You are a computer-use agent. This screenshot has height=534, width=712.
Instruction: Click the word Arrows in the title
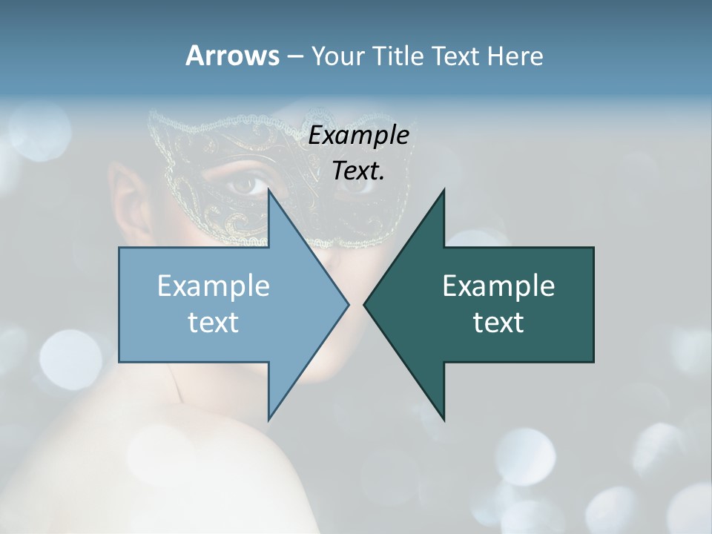(231, 56)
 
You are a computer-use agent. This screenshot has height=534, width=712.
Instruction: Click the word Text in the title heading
(456, 56)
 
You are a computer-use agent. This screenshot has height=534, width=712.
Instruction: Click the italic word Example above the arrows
(359, 136)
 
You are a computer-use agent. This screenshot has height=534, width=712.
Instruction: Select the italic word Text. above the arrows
(359, 171)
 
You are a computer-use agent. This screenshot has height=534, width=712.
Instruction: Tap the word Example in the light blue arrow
(214, 286)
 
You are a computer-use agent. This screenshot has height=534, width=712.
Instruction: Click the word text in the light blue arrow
(214, 322)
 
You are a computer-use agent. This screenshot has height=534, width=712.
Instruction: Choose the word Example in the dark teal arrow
(498, 286)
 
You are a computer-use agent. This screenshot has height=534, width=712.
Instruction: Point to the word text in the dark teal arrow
(498, 322)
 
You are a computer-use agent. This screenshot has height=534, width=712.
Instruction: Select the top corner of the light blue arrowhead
(269, 191)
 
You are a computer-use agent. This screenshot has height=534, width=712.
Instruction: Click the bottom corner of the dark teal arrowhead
(444, 419)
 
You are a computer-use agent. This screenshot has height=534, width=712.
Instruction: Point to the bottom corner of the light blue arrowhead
(269, 419)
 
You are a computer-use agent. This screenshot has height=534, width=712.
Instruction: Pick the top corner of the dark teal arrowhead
(444, 191)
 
